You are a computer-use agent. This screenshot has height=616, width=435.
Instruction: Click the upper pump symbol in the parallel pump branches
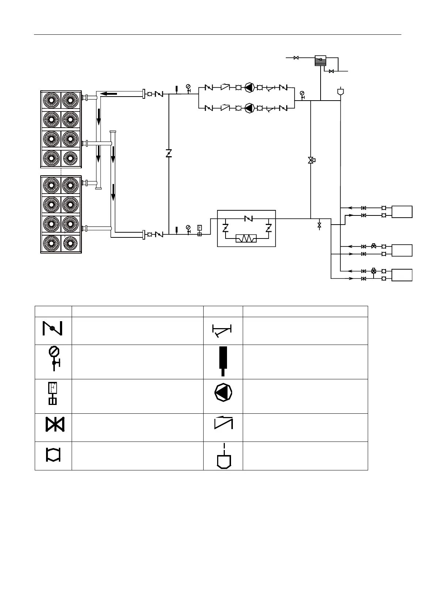[249, 88]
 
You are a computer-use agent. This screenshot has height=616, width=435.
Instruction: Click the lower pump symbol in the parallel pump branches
[249, 108]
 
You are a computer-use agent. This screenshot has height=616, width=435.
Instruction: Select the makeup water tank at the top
[320, 60]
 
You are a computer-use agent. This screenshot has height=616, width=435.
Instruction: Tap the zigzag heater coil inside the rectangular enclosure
[246, 239]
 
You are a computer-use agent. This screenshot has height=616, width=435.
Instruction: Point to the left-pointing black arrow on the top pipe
[109, 94]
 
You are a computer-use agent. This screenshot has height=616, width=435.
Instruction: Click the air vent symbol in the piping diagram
[340, 91]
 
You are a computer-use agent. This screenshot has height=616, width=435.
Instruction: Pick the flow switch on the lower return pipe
[200, 230]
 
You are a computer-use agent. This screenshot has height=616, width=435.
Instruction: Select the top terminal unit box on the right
[402, 212]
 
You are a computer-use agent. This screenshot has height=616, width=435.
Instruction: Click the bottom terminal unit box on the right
[402, 275]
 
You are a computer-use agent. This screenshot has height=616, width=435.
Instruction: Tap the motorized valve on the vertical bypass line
[311, 160]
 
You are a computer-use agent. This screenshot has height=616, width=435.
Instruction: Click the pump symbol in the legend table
[223, 394]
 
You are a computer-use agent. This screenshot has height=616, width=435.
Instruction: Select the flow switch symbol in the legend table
[53, 393]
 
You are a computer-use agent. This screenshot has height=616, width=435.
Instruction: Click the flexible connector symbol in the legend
[53, 455]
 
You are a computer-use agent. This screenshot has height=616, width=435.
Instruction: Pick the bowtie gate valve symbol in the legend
[54, 424]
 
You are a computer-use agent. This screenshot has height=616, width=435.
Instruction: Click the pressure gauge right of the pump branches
[302, 94]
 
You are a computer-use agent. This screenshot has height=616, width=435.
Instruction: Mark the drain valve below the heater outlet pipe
[319, 225]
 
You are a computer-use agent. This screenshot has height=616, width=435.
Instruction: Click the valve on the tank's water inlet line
[296, 58]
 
